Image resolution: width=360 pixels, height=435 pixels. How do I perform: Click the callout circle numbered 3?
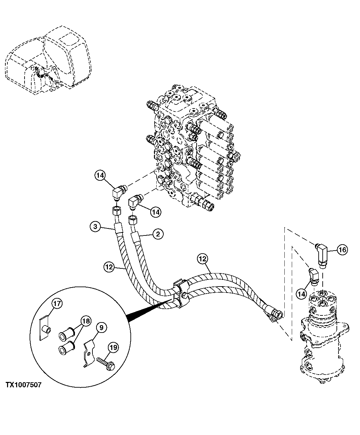tap(95, 227)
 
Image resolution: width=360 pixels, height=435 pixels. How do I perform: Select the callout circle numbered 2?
tap(157, 234)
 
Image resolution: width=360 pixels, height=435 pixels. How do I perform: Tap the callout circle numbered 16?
tap(342, 250)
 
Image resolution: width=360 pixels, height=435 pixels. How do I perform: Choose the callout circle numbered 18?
tap(86, 321)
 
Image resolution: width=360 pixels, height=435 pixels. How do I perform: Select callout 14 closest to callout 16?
tap(302, 293)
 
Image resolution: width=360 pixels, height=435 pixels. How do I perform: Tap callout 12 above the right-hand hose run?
tap(203, 259)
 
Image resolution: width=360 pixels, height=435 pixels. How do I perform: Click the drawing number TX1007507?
tap(23, 385)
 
